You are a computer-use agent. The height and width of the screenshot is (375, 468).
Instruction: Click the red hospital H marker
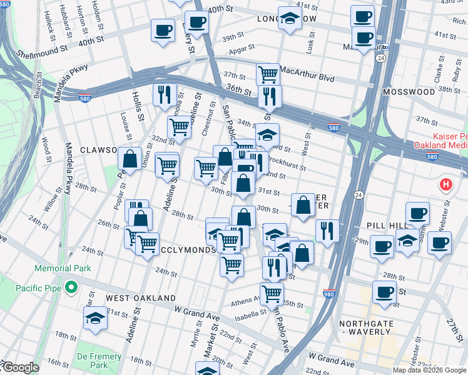coord(445,184)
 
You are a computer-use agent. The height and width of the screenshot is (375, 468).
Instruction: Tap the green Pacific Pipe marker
coord(71,287)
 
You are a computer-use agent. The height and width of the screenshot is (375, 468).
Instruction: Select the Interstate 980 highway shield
coord(328,292)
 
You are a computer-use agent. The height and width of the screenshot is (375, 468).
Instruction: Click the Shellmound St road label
coord(42,49)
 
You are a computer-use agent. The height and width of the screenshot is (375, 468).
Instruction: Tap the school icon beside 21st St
coord(96,318)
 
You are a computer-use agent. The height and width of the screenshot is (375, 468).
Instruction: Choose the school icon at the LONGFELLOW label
coord(288,18)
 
